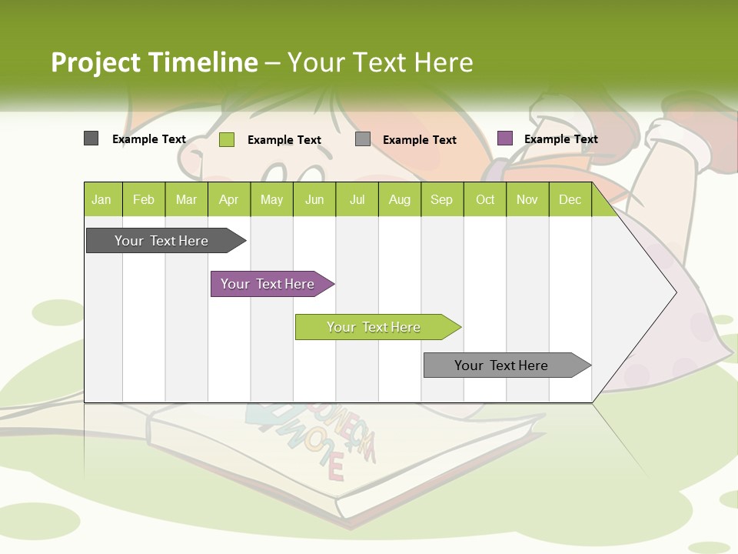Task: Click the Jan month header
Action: [102, 199]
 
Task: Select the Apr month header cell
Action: [228, 199]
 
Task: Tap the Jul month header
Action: [357, 199]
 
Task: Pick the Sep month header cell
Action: [441, 199]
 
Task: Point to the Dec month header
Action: [570, 199]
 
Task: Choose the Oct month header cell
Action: [485, 199]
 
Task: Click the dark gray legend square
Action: [91, 138]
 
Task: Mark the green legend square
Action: [227, 139]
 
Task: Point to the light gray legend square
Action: [363, 139]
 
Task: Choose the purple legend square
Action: [505, 138]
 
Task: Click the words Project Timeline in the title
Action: [155, 62]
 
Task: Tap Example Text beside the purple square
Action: [560, 139]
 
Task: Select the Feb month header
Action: [144, 199]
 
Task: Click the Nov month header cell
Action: [527, 199]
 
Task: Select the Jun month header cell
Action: [314, 199]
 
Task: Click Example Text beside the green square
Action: [284, 140]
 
